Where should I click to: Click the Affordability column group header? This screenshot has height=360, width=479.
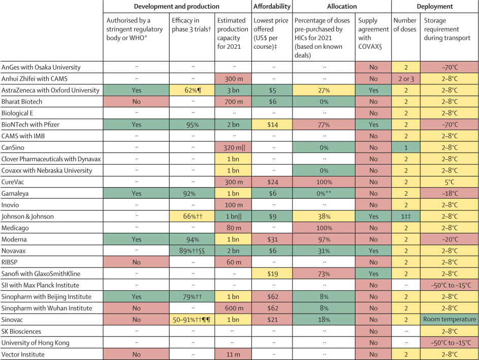click(272, 7)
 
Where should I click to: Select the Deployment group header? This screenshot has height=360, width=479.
click(434, 7)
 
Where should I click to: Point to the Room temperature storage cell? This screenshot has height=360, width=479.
click(449, 319)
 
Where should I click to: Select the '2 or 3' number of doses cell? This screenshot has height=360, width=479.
click(405, 78)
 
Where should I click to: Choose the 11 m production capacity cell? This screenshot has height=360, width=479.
click(233, 354)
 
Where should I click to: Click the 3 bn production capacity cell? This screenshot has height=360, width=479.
click(233, 90)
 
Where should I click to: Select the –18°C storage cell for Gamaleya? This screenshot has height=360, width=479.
click(449, 194)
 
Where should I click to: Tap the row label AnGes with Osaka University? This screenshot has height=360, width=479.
click(41, 67)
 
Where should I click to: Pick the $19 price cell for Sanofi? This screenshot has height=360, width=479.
click(272, 273)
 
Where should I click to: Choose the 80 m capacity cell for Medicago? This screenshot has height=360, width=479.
click(233, 227)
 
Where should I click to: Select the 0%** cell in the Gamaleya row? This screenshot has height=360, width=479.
click(324, 194)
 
